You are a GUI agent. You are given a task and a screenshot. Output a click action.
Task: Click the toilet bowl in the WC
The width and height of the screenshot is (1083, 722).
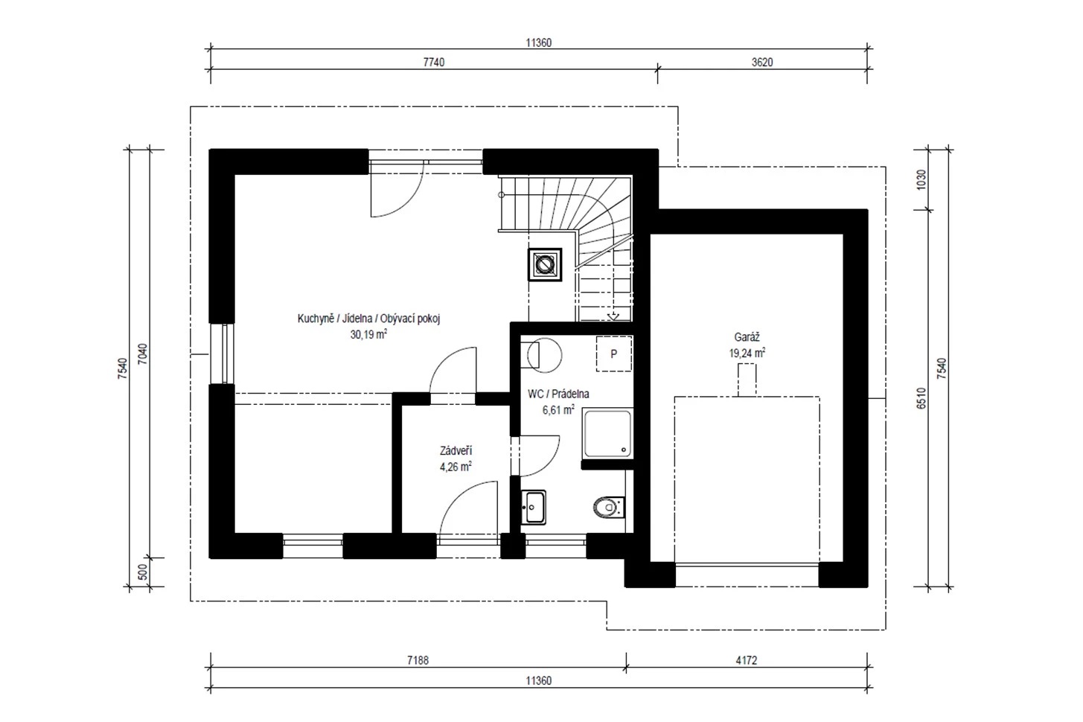click(609, 508)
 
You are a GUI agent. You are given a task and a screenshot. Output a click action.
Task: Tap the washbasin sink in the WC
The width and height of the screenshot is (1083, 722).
click(534, 508)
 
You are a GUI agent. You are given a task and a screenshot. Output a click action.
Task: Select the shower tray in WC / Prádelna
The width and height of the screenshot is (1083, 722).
click(607, 432)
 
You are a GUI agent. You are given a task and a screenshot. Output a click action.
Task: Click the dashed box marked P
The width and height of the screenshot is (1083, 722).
click(614, 354)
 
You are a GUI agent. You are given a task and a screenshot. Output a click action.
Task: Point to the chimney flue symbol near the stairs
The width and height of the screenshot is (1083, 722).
click(545, 264)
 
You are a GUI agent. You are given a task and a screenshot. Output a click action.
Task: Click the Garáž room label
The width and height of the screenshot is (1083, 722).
click(747, 337)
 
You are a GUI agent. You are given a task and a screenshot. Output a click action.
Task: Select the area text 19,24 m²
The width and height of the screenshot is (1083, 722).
click(747, 353)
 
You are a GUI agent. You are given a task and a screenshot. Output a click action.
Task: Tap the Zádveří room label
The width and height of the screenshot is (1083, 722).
click(456, 451)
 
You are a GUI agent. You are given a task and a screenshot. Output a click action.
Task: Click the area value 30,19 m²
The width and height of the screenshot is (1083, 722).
click(368, 334)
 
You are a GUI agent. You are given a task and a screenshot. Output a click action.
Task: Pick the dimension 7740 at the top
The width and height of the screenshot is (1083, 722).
click(434, 62)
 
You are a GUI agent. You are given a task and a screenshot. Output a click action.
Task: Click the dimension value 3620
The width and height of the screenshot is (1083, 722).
click(762, 62)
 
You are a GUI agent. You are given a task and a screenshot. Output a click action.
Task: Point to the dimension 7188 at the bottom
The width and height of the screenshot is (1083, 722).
click(418, 660)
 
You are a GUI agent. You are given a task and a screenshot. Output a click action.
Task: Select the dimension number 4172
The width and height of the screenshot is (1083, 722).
click(747, 660)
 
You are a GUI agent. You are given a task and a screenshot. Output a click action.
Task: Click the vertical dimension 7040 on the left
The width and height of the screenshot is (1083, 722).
click(143, 354)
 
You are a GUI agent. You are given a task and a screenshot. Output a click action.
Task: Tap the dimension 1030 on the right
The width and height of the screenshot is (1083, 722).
click(921, 179)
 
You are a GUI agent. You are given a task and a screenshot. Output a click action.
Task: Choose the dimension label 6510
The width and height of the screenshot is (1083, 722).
click(921, 398)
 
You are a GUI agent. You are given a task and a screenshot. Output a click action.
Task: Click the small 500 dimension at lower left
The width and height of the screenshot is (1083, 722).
click(143, 572)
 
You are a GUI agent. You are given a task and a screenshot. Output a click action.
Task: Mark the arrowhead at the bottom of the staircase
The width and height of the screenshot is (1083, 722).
click(613, 317)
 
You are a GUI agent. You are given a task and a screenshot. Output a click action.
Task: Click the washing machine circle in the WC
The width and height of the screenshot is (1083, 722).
click(545, 356)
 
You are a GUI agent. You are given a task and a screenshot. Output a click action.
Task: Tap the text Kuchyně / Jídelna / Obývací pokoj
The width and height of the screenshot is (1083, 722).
click(368, 319)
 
